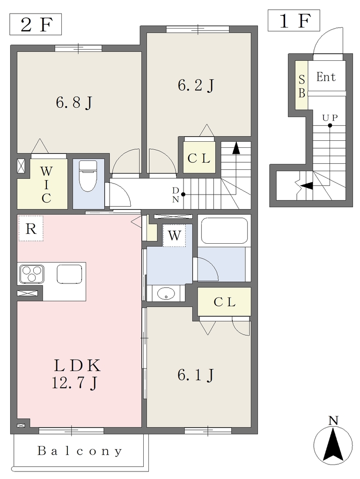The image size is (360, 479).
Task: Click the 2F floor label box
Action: [36, 24]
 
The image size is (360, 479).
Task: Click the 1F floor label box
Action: [294, 21]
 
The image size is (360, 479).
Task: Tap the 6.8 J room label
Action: [74, 102]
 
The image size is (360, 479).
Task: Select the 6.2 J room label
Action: [196, 85]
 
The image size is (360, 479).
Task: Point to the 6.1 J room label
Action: [196, 375]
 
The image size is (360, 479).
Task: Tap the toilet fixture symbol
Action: [88, 176]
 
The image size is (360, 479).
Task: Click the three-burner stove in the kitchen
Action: [32, 274]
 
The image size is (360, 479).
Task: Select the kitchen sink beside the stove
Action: [69, 274]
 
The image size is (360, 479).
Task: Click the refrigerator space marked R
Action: [30, 228]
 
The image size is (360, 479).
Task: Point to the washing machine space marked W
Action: [174, 236]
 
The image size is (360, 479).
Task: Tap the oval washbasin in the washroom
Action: [166, 294]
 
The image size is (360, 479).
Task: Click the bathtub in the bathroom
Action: [224, 231]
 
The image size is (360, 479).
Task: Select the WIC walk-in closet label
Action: [46, 185]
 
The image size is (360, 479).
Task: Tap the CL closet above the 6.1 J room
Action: [224, 302]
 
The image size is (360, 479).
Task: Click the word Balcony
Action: [80, 451]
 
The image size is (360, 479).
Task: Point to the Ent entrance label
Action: [326, 77]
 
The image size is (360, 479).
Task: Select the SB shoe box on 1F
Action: [301, 85]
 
